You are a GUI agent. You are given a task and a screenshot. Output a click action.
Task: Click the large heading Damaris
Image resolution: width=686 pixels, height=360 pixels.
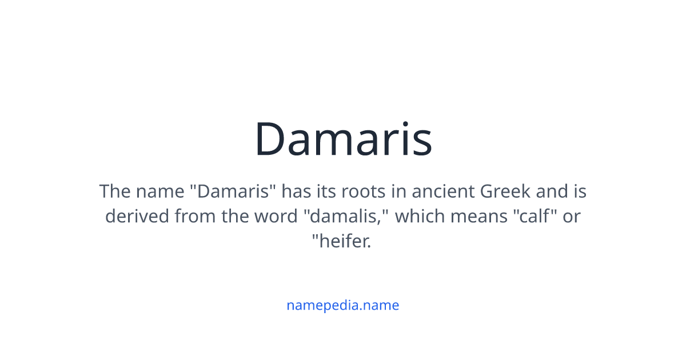(x=343, y=139)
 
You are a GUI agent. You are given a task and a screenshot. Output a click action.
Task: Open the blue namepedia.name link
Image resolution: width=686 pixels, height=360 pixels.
(x=342, y=305)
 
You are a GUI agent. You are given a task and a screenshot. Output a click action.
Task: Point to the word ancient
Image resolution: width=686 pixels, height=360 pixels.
(x=444, y=191)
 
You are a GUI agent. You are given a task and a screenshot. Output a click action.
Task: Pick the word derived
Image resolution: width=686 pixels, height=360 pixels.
(x=137, y=217)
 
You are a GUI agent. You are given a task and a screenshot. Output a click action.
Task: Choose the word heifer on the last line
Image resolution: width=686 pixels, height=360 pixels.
(x=344, y=242)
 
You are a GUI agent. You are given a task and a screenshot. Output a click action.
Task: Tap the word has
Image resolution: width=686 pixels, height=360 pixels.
(x=297, y=191)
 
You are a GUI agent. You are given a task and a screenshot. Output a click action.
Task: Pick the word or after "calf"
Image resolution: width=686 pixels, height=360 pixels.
(x=571, y=217)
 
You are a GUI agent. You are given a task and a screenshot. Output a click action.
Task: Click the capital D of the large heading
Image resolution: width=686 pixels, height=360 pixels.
(x=269, y=139)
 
